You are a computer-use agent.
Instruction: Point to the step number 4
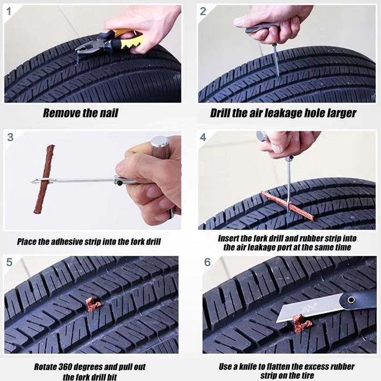(x=203, y=137)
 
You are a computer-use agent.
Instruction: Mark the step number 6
(x=207, y=263)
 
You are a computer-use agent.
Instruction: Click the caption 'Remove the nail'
(x=80, y=113)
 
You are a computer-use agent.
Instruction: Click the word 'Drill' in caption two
(x=222, y=113)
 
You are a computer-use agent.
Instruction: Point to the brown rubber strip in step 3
(x=45, y=181)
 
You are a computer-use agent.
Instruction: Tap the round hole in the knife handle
(x=351, y=300)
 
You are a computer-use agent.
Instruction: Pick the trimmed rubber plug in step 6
(x=296, y=325)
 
